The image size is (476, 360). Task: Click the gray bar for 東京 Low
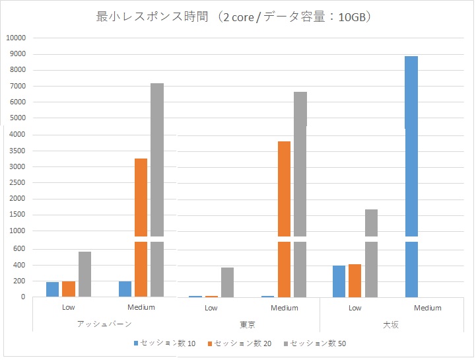227,282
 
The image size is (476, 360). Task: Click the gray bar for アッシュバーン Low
85,274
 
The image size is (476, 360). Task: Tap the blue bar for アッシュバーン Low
53,289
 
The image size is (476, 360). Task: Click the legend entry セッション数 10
162,343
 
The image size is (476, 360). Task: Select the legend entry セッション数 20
238,343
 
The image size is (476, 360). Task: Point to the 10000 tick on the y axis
15,38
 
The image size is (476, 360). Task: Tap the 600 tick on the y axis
19,249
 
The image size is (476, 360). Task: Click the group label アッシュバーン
104,324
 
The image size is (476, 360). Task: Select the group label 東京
248,324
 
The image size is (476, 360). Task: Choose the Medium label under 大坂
427,308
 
